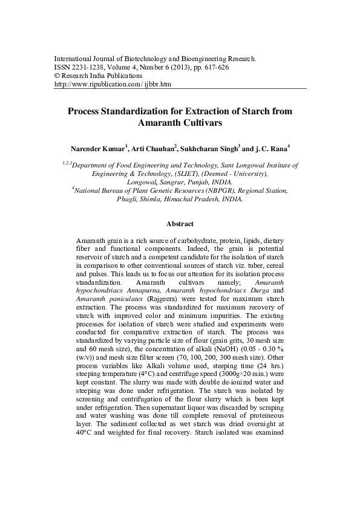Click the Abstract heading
point(180,223)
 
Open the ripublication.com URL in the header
point(113,85)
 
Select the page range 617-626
point(212,68)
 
